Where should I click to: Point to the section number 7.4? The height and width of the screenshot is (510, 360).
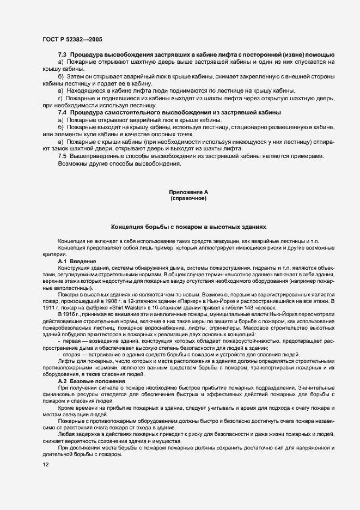63,112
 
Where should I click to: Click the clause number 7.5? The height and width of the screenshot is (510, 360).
63,157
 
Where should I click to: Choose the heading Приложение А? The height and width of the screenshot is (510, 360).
188,193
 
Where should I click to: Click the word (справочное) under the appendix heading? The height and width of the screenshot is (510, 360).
188,199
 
